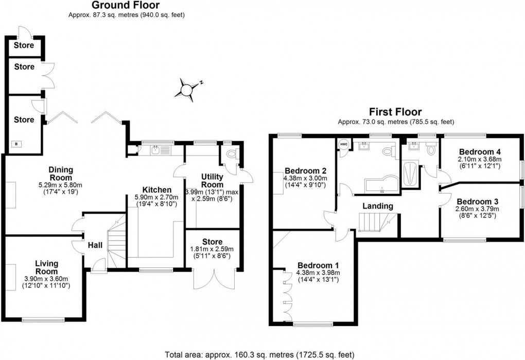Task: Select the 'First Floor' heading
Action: (x=395, y=111)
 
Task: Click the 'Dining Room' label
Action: (x=61, y=174)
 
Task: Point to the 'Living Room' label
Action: (x=47, y=267)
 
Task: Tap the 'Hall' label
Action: (x=94, y=245)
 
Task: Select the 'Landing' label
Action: (x=378, y=206)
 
